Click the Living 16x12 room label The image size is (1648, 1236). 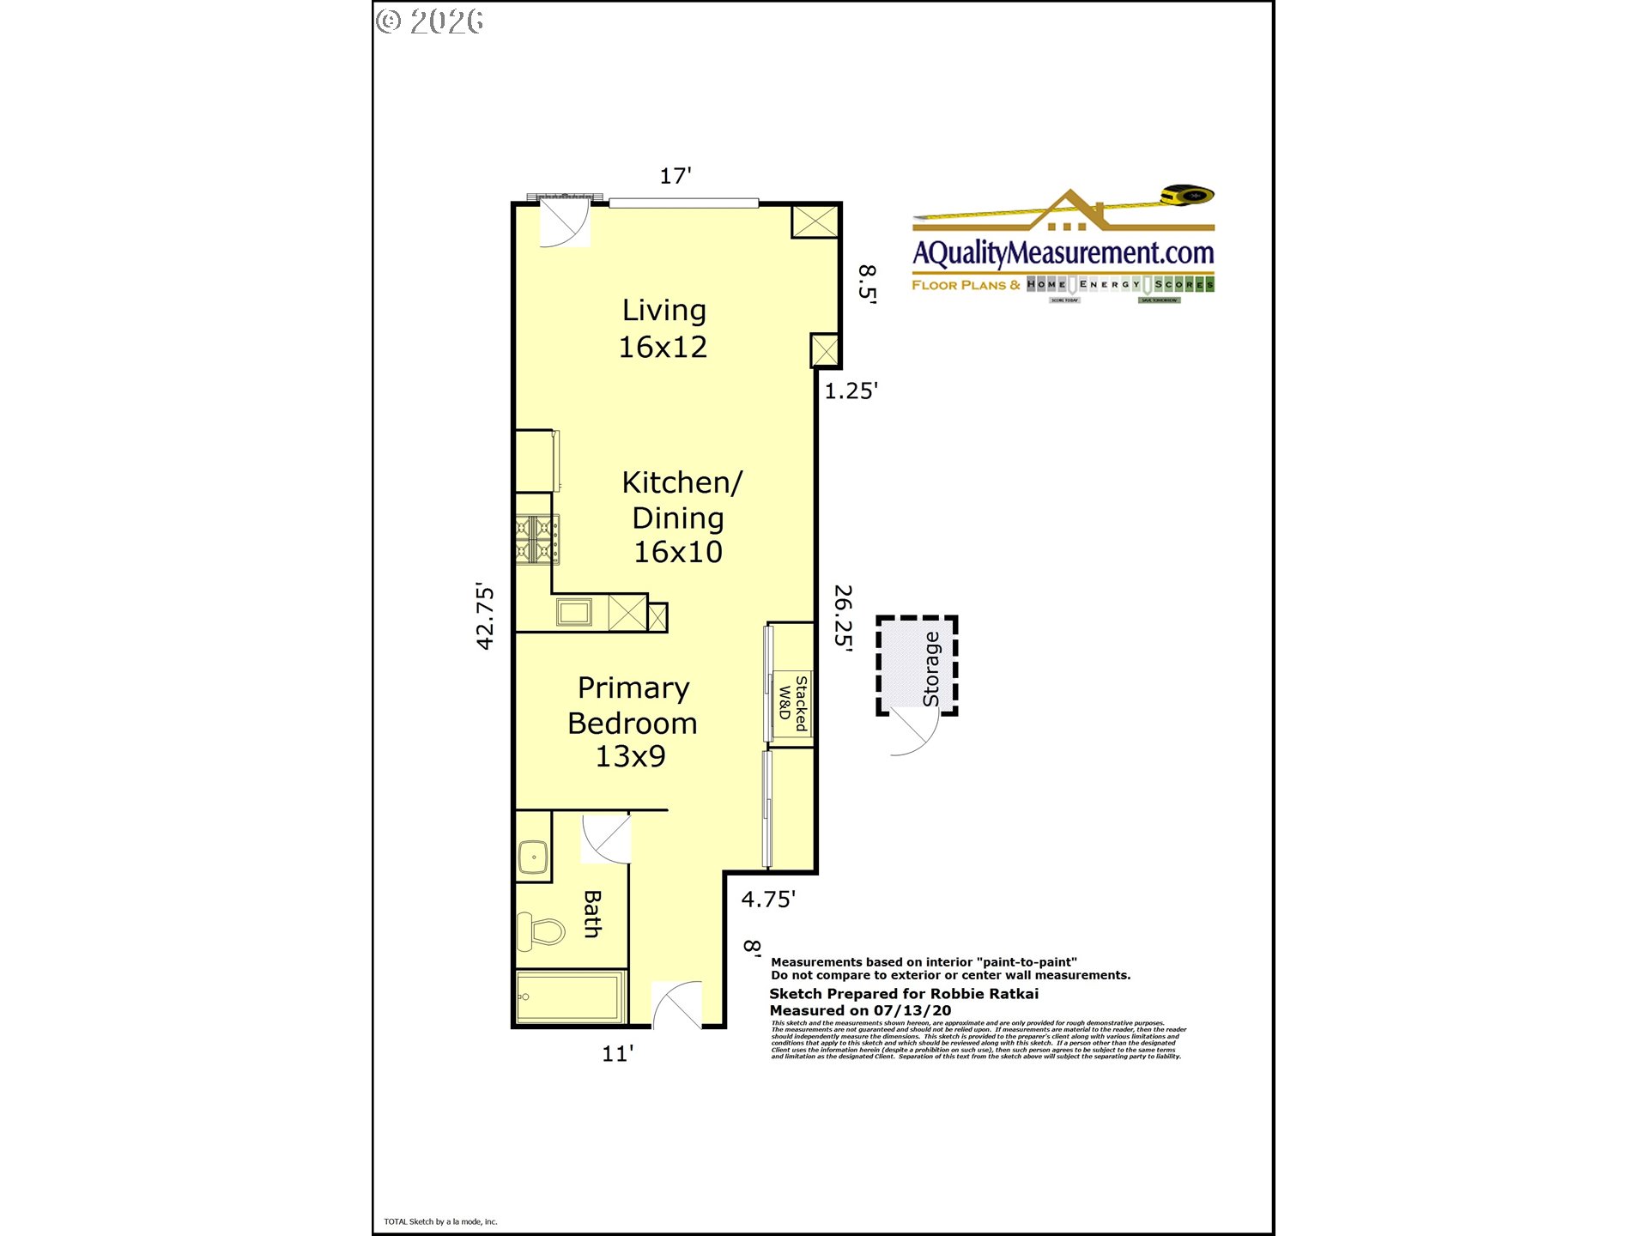pyautogui.click(x=663, y=329)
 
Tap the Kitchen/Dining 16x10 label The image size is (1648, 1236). pyautogui.click(x=680, y=518)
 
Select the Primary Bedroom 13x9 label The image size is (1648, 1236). pyautogui.click(x=633, y=722)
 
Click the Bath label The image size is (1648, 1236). pyautogui.click(x=592, y=913)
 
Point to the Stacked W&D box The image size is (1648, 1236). pyautogui.click(x=792, y=703)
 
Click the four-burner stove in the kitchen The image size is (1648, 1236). pyautogui.click(x=537, y=539)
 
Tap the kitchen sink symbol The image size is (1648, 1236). pyautogui.click(x=573, y=613)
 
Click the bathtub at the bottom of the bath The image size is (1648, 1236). pyautogui.click(x=570, y=997)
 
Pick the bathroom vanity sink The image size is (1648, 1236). pyautogui.click(x=533, y=857)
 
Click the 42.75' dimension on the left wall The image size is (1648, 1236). pyautogui.click(x=485, y=616)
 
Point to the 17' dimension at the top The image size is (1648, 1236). pyautogui.click(x=676, y=176)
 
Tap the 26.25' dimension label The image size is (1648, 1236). pyautogui.click(x=844, y=618)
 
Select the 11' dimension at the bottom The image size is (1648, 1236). pyautogui.click(x=617, y=1053)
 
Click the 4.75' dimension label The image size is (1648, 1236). pyautogui.click(x=768, y=900)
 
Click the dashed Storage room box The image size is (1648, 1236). pyautogui.click(x=916, y=665)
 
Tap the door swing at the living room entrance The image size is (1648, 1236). pyautogui.click(x=565, y=223)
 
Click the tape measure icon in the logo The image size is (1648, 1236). pyautogui.click(x=1187, y=196)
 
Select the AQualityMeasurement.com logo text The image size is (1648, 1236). pyautogui.click(x=1063, y=252)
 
